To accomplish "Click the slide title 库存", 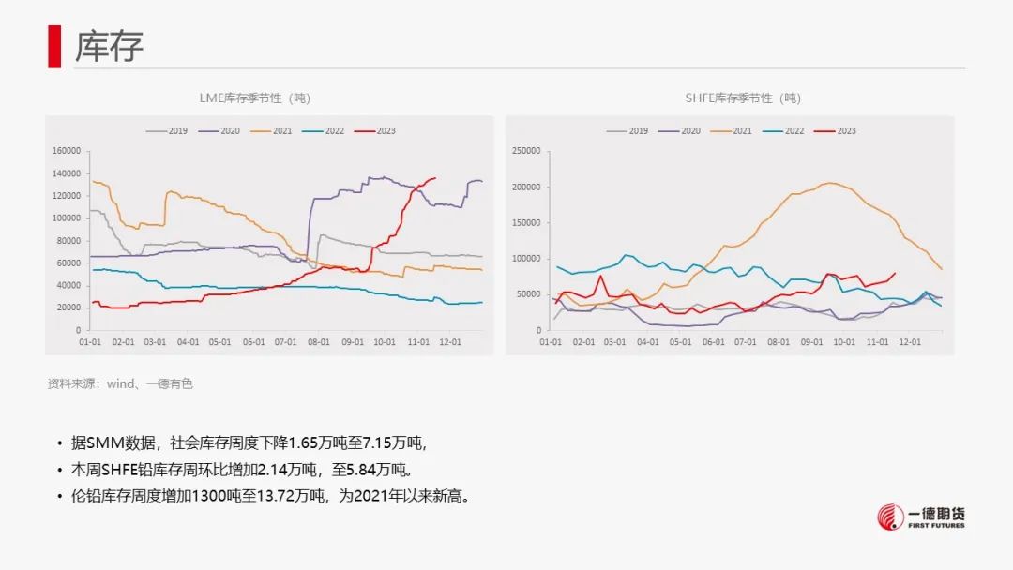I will pos(110,45).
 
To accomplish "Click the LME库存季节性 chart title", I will pos(254,97).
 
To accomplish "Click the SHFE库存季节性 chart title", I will pos(742,97).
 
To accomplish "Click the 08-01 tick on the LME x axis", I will pos(319,342).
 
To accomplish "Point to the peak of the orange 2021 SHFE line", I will pos(829,183).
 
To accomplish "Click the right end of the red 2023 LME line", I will pos(435,178).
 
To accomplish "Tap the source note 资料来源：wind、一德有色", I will pos(120,383).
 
